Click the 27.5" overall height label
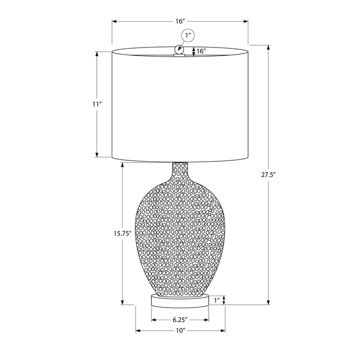pyautogui.click(x=268, y=175)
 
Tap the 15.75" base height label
pyautogui.click(x=123, y=234)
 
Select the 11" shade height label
pyautogui.click(x=98, y=104)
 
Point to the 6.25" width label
pyautogui.click(x=180, y=320)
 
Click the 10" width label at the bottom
pyautogui.click(x=180, y=331)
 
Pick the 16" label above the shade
pyautogui.click(x=180, y=21)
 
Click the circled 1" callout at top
pyautogui.click(x=188, y=36)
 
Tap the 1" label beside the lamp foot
pyautogui.click(x=217, y=300)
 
